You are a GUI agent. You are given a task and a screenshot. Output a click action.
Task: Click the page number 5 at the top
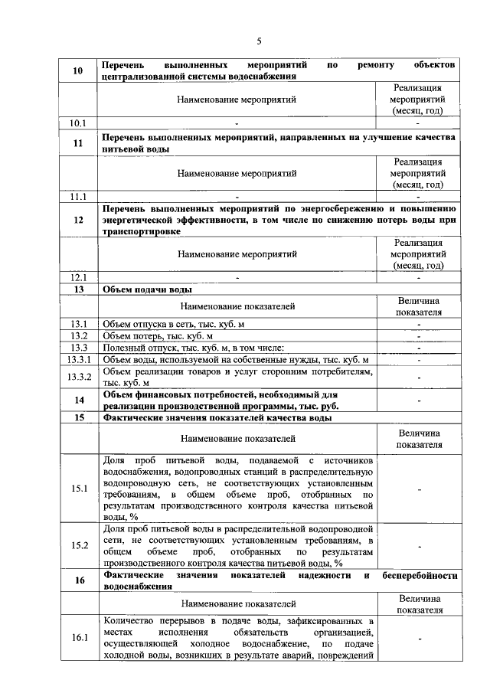click(258, 41)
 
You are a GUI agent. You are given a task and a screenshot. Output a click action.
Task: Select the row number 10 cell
click(78, 71)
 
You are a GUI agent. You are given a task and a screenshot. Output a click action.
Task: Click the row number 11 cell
click(78, 143)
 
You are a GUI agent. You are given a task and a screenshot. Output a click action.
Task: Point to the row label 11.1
click(78, 196)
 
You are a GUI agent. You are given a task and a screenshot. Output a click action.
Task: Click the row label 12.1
click(78, 277)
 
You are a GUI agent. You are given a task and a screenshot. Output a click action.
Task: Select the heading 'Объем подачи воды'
click(147, 289)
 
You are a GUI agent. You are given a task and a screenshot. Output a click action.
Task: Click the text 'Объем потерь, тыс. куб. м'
click(157, 337)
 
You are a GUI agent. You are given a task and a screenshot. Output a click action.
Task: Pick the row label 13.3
click(78, 348)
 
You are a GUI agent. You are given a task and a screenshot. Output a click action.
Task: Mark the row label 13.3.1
click(78, 360)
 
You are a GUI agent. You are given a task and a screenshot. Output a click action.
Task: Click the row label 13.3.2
click(78, 377)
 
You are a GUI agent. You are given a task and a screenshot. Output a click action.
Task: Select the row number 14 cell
click(78, 400)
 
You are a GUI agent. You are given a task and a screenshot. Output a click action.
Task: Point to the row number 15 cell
click(78, 417)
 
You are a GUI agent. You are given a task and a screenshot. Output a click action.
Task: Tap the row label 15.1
click(78, 489)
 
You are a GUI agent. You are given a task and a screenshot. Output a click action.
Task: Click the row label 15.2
click(78, 545)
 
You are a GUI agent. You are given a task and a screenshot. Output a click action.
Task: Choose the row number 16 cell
click(78, 580)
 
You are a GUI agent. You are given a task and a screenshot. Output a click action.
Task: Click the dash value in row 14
click(419, 400)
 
